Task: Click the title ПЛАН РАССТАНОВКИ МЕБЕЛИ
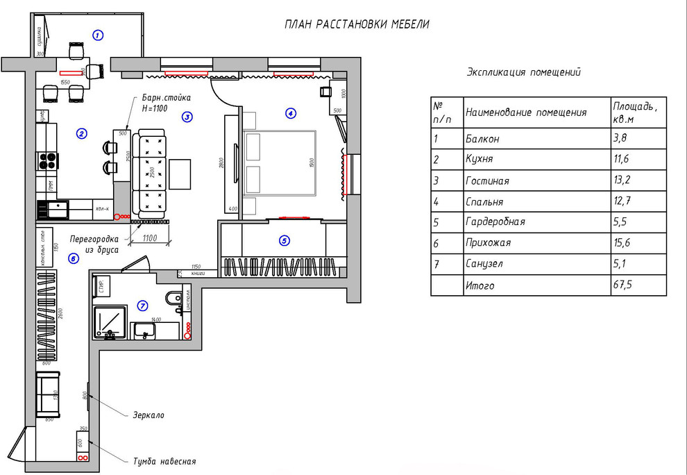pyautogui.click(x=357, y=24)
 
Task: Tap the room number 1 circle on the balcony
pyautogui.click(x=98, y=34)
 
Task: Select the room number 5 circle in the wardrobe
pyautogui.click(x=283, y=241)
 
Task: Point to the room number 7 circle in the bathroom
pyautogui.click(x=143, y=305)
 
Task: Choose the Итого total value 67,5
pyautogui.click(x=625, y=285)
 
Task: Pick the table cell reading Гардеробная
pyautogui.click(x=495, y=222)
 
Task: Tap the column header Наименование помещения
pyautogui.click(x=526, y=112)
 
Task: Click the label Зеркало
pyautogui.click(x=149, y=415)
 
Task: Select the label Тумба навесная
pyautogui.click(x=164, y=461)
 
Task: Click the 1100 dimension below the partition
pyautogui.click(x=150, y=238)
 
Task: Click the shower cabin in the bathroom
pyautogui.click(x=110, y=322)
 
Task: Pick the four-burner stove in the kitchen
pyautogui.click(x=47, y=160)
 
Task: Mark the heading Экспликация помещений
pyautogui.click(x=524, y=72)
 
